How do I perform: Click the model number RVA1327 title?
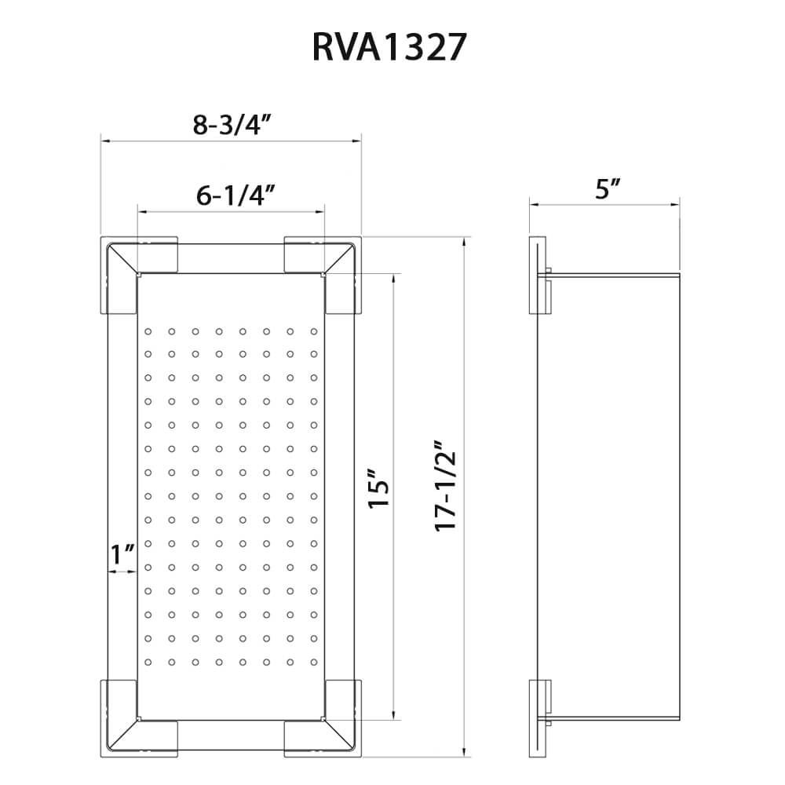[x=389, y=48]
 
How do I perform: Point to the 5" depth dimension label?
[x=608, y=189]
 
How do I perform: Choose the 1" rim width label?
[x=121, y=554]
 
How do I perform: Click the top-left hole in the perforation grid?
[x=147, y=332]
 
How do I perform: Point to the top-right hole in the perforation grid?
[x=313, y=332]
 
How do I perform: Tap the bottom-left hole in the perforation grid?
[x=147, y=660]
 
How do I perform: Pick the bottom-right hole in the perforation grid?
[x=313, y=660]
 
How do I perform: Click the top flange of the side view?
[x=538, y=276]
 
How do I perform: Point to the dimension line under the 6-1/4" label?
[x=231, y=211]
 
